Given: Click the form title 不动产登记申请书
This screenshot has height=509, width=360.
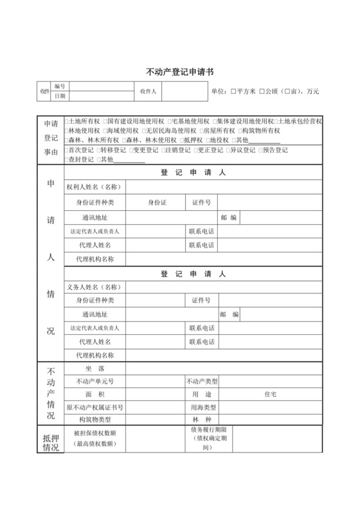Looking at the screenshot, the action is [x=180, y=73].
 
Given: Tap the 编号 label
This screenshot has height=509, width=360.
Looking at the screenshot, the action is [x=60, y=86].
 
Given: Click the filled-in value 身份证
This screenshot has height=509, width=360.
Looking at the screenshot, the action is [x=157, y=202].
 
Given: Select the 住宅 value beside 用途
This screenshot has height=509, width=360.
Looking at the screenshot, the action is [x=271, y=393].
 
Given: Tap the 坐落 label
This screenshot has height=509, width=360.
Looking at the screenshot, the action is [x=94, y=368].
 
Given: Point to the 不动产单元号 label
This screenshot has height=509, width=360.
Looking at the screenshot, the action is [x=94, y=380].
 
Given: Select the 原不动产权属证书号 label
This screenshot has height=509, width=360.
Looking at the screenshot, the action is [x=94, y=407].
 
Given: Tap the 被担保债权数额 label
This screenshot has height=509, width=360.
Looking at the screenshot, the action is [x=94, y=433].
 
